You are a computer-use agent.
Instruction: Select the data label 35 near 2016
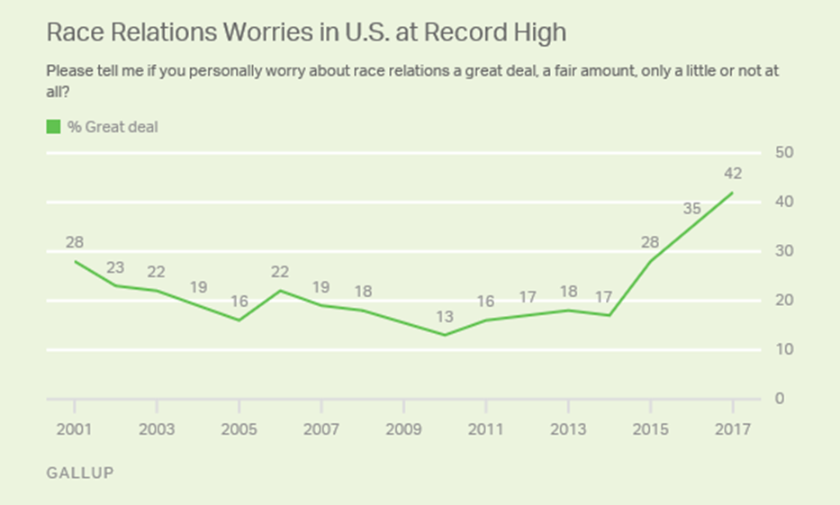tap(691, 208)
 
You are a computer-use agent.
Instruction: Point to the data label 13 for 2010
tap(444, 317)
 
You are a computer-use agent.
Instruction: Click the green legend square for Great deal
tap(53, 127)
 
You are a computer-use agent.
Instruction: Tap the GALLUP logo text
tap(80, 472)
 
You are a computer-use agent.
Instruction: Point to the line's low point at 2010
tap(444, 335)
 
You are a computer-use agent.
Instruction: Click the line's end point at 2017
tap(732, 193)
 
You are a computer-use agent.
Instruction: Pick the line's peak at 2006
tap(280, 290)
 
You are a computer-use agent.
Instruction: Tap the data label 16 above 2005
tap(239, 301)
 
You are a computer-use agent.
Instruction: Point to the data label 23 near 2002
tap(116, 266)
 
